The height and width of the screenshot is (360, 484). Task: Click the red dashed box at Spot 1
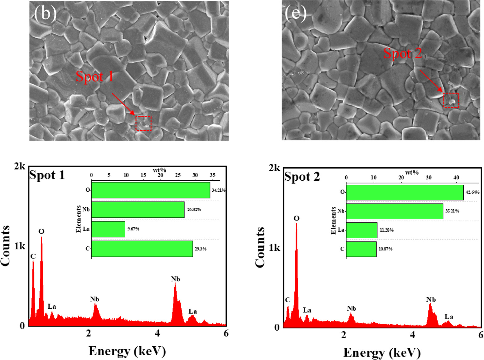pyautogui.click(x=143, y=123)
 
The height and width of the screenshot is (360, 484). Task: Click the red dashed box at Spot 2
pyautogui.click(x=451, y=100)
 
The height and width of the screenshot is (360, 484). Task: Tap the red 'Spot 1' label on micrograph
pyautogui.click(x=94, y=77)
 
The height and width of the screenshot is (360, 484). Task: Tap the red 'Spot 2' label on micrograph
pyautogui.click(x=402, y=54)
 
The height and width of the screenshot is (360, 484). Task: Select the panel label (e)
pyautogui.click(x=295, y=13)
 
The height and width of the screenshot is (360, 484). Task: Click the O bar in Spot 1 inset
pyautogui.click(x=150, y=190)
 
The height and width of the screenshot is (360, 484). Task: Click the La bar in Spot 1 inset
pyautogui.click(x=108, y=229)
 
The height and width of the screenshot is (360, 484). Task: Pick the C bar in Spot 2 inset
pyautogui.click(x=361, y=249)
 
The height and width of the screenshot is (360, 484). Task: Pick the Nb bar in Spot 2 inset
pyautogui.click(x=394, y=211)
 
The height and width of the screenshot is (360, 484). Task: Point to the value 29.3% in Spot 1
pyautogui.click(x=200, y=249)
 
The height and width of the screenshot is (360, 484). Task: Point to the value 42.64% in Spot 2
pyautogui.click(x=472, y=192)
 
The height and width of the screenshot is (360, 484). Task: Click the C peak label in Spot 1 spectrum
pyautogui.click(x=33, y=256)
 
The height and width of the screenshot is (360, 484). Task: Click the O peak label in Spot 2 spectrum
pyautogui.click(x=296, y=218)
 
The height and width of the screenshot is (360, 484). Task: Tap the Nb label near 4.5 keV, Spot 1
pyautogui.click(x=175, y=279)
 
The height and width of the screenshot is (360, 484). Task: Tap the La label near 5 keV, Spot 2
pyautogui.click(x=449, y=317)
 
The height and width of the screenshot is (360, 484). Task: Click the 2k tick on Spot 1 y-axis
pyautogui.click(x=19, y=166)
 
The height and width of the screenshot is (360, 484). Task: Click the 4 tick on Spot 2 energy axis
pyautogui.click(x=412, y=335)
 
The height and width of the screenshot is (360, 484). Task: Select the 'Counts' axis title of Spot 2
pyautogui.click(x=260, y=247)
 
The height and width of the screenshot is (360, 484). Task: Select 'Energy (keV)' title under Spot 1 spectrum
pyautogui.click(x=127, y=351)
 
